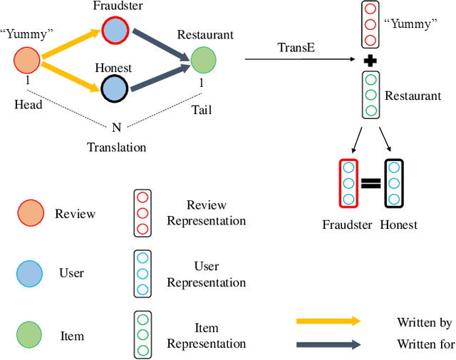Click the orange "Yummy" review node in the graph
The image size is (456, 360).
pyautogui.click(x=28, y=61)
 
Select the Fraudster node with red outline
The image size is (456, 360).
pyautogui.click(x=114, y=31)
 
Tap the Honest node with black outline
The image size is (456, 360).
pyautogui.click(x=114, y=89)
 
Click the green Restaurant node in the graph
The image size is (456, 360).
pyautogui.click(x=202, y=59)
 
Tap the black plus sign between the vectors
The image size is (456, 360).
pyautogui.click(x=370, y=61)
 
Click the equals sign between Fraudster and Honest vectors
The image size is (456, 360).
pyautogui.click(x=370, y=183)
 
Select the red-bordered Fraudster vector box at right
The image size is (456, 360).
pyautogui.click(x=348, y=183)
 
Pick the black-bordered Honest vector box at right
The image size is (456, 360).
pyautogui.click(x=393, y=183)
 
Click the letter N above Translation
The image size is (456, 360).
pyautogui.click(x=116, y=128)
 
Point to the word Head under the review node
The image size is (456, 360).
pyautogui.click(x=28, y=104)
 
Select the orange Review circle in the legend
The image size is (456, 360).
pyautogui.click(x=29, y=213)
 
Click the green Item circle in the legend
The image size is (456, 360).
pyautogui.click(x=29, y=334)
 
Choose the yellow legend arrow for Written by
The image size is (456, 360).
pyautogui.click(x=328, y=322)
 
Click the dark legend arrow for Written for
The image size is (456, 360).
pyautogui.click(x=328, y=344)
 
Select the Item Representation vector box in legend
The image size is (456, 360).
pyautogui.click(x=142, y=334)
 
